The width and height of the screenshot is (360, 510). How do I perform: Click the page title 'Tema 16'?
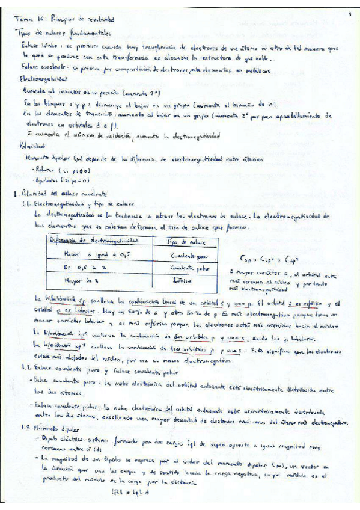pos(30,19)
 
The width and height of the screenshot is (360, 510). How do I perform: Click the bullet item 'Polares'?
pos(43,170)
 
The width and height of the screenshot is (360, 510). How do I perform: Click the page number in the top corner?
pos(349,13)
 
